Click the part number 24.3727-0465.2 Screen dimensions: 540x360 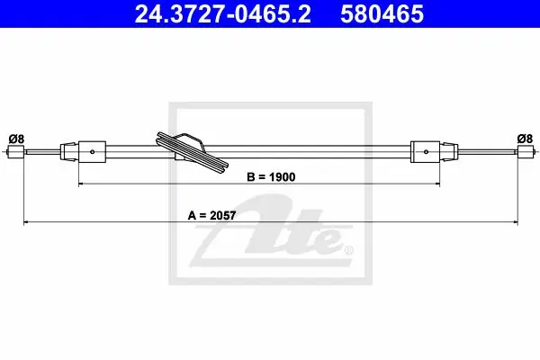[222, 14]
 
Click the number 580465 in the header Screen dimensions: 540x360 [382, 14]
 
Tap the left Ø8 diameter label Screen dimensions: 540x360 [16, 139]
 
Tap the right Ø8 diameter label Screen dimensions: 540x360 [525, 139]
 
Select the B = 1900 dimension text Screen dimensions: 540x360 [271, 177]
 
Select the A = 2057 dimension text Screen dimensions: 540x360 [211, 216]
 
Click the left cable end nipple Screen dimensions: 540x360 [15, 151]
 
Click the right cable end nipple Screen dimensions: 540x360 [526, 151]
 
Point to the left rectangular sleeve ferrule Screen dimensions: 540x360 [93, 151]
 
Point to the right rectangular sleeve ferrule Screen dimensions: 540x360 [425, 151]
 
